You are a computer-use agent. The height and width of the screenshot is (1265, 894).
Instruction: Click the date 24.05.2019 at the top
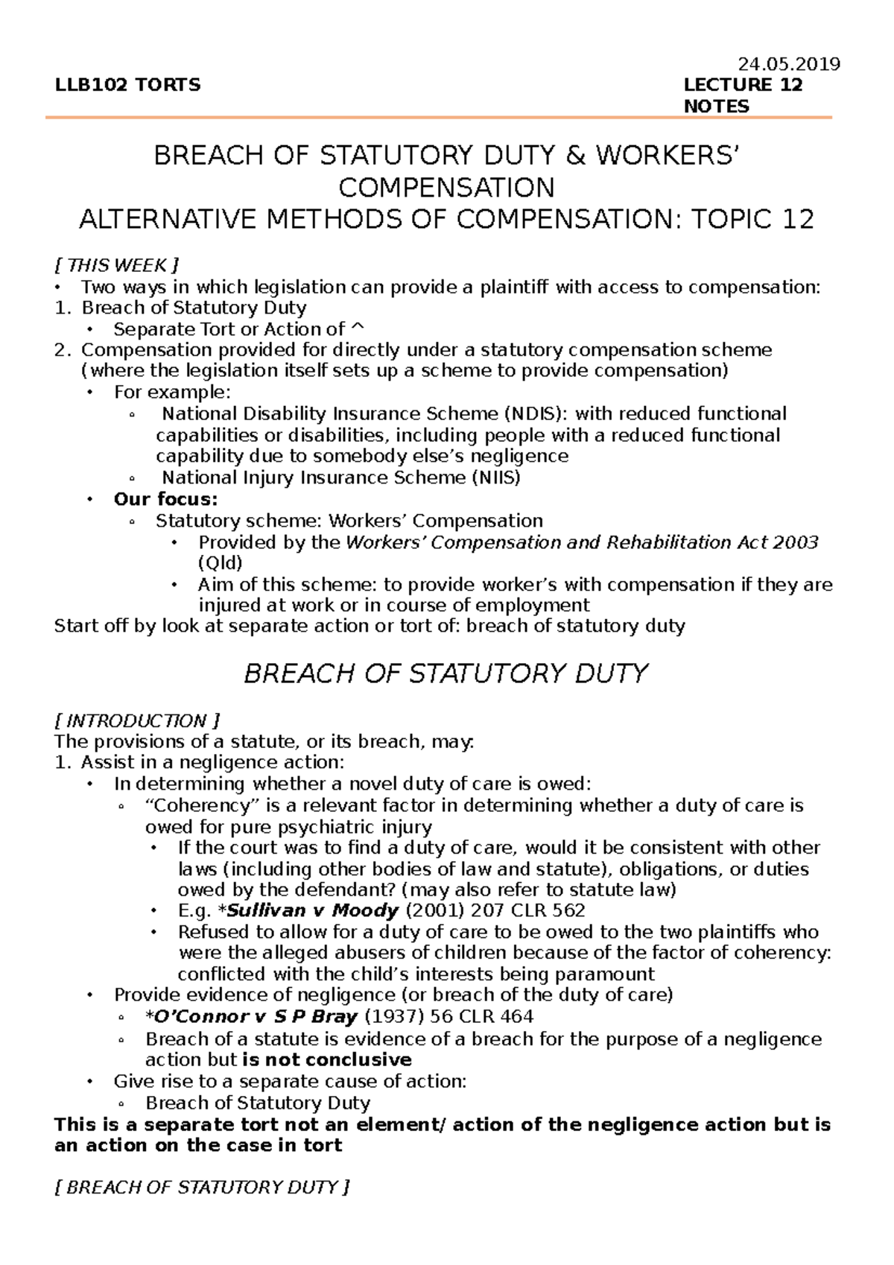tap(789, 64)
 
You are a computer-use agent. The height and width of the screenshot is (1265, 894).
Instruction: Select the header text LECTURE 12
tap(743, 85)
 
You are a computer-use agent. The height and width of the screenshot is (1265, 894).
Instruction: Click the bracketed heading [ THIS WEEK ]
tap(117, 265)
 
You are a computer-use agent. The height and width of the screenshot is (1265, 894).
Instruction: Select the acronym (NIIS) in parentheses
tap(496, 478)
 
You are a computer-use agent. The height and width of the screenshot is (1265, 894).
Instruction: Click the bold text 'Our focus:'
tap(165, 499)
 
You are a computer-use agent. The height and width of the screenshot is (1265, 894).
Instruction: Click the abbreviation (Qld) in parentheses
tap(221, 563)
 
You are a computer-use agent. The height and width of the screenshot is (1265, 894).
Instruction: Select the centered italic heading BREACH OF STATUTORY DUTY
tap(446, 673)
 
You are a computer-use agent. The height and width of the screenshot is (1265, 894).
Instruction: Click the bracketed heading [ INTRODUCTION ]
tap(137, 720)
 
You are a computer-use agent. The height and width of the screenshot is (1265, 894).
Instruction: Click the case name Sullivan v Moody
tap(313, 910)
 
